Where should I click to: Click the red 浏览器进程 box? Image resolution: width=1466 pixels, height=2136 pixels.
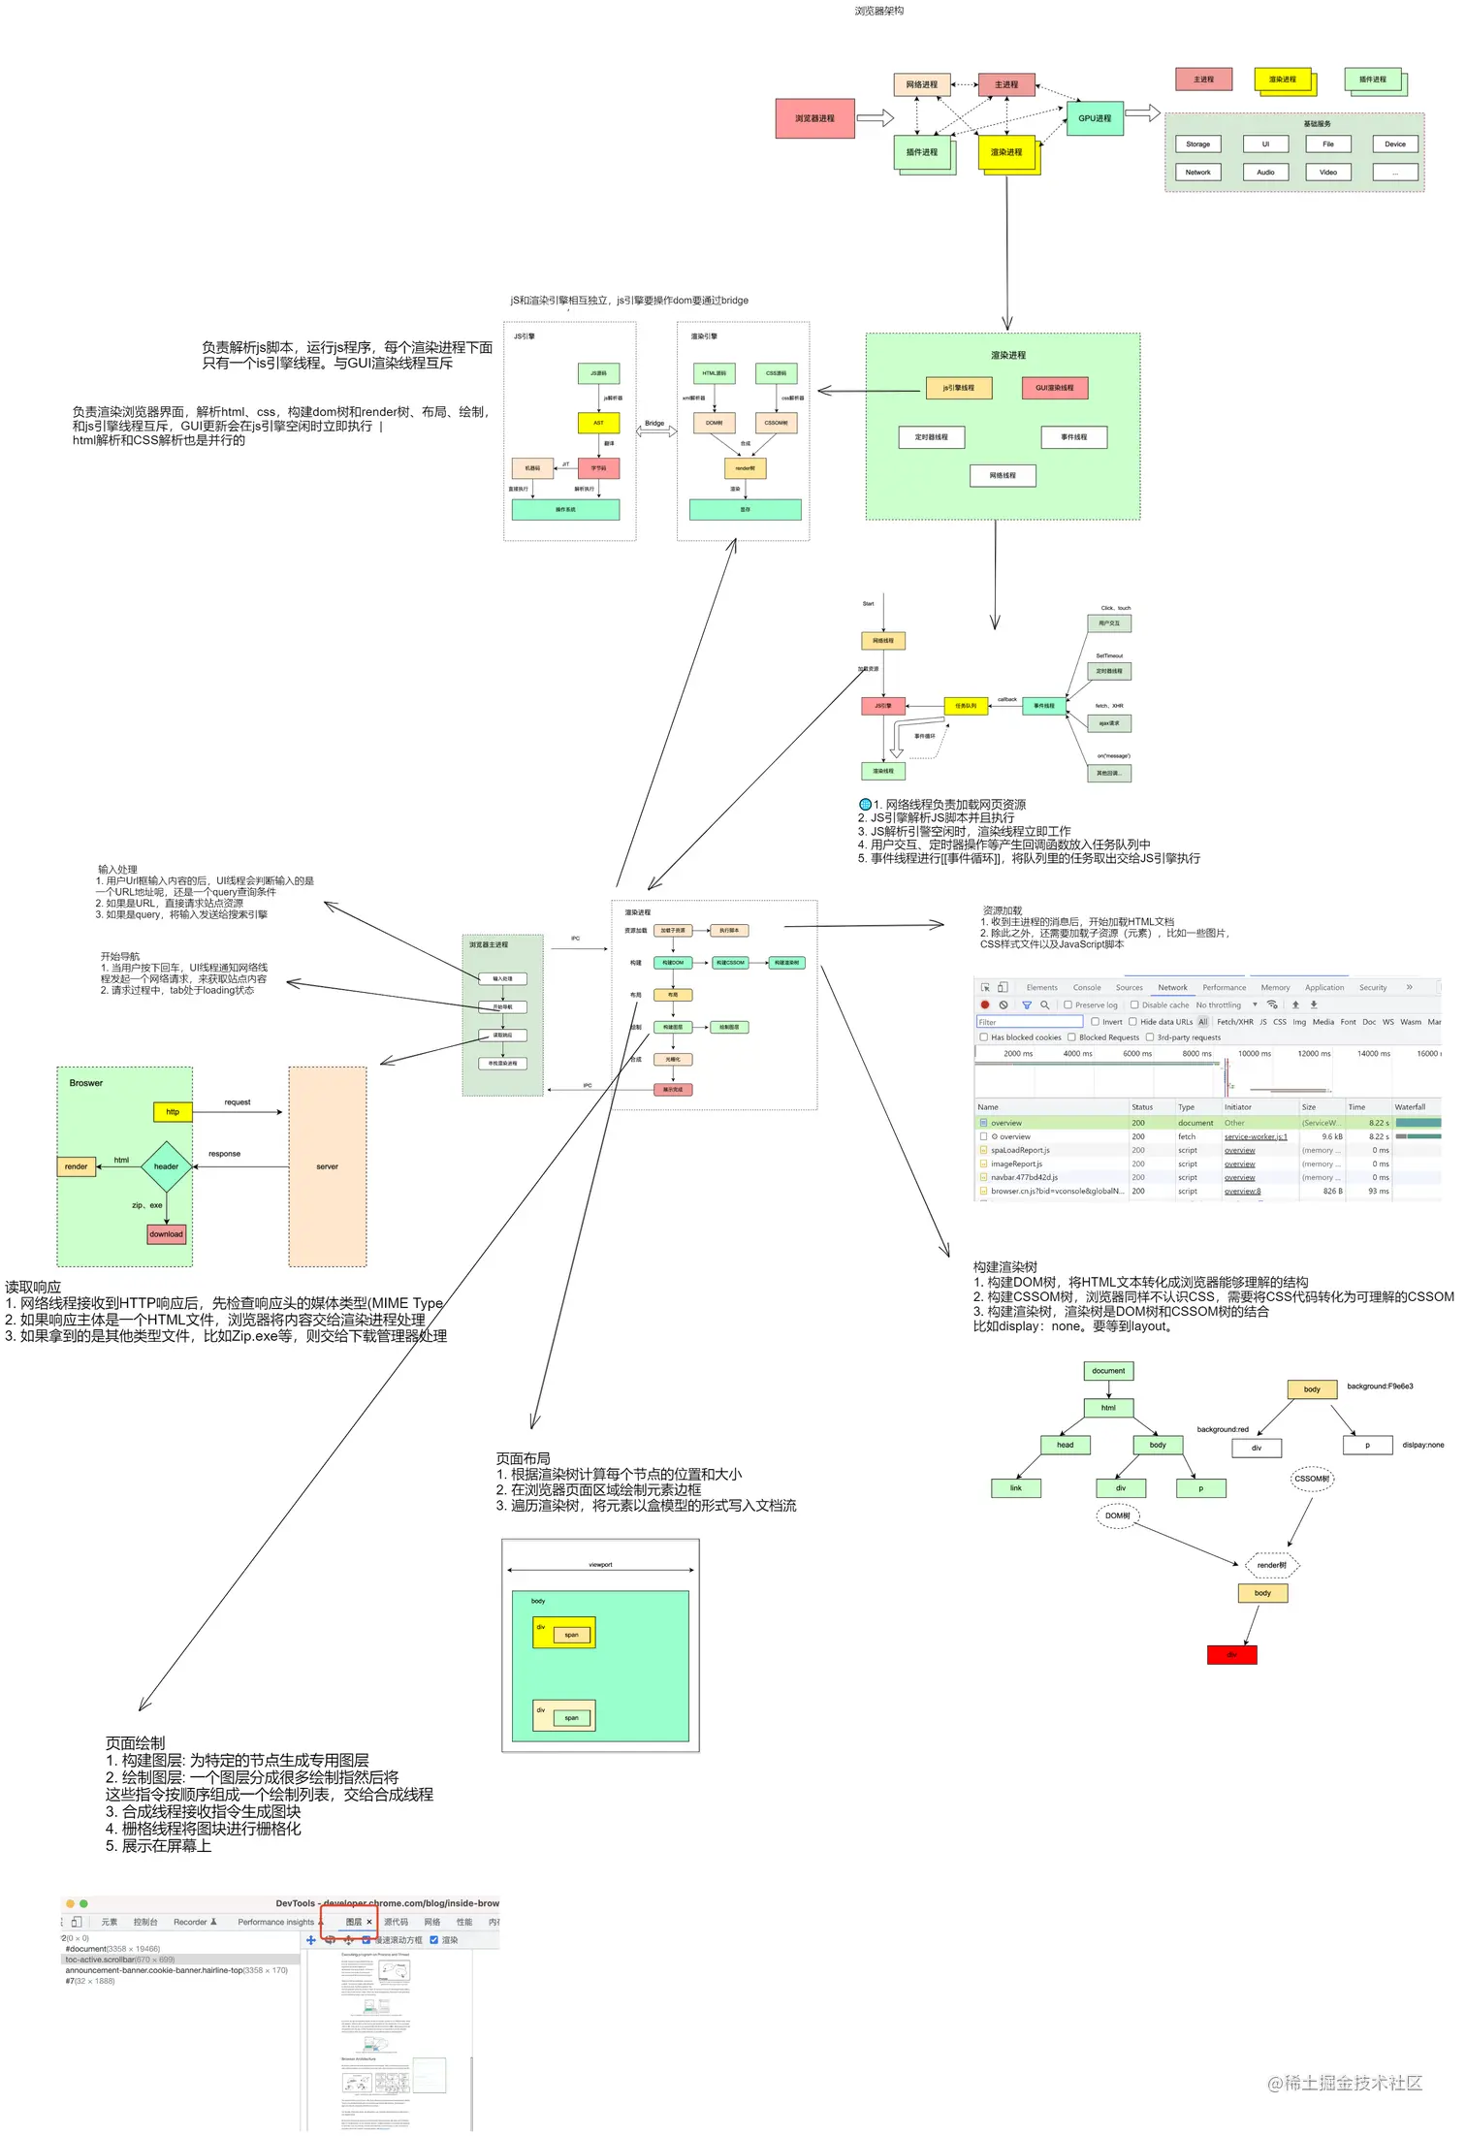tap(814, 118)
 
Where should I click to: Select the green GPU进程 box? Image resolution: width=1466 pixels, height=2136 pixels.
tap(1095, 118)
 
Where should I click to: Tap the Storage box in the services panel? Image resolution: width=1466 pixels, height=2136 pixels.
tap(1197, 143)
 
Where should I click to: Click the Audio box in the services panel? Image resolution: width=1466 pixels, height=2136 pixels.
tap(1265, 172)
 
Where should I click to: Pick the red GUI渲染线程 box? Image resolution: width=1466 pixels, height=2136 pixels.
tap(1054, 388)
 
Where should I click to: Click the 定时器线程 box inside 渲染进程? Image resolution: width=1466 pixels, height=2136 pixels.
tap(931, 437)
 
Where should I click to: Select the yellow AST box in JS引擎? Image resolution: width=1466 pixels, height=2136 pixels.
tap(598, 423)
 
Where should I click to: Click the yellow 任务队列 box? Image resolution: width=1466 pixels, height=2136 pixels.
tap(966, 706)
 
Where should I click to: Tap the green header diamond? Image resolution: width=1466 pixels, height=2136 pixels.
tap(166, 1166)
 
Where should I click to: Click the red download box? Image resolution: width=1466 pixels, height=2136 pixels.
tap(166, 1234)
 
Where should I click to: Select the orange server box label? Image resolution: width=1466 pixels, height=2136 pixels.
tap(327, 1166)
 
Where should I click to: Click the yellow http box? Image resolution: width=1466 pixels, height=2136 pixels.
tap(173, 1112)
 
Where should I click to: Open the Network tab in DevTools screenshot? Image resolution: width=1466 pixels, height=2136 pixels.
tap(1171, 987)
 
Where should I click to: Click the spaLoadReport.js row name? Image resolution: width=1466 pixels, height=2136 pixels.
tap(1019, 1150)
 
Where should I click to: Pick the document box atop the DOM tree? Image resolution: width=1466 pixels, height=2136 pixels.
tap(1108, 1371)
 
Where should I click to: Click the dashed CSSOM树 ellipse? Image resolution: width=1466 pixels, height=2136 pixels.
tap(1312, 1479)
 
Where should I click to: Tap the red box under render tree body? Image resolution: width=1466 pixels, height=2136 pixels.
tap(1231, 1655)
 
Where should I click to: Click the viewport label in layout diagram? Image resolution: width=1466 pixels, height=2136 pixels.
tap(600, 1565)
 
